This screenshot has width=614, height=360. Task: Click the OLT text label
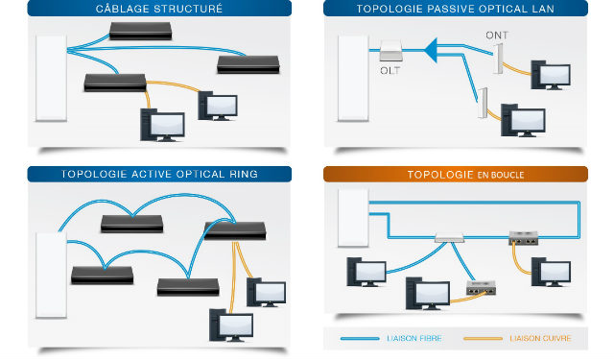point(390,71)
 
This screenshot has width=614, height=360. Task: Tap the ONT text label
point(497,36)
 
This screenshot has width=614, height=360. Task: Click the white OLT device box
point(390,51)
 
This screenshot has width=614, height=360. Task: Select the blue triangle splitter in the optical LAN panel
point(431,50)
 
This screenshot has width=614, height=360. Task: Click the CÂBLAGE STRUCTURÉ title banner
point(159,9)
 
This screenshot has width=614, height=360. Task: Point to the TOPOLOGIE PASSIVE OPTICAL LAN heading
point(456,9)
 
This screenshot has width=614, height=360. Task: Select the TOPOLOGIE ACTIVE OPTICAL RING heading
point(159,175)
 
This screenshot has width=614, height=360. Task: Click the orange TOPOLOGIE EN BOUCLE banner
point(456,175)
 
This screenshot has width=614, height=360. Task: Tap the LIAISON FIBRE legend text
point(414,339)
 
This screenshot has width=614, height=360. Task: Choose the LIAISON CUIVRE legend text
point(540,339)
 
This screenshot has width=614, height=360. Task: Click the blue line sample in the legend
point(360,339)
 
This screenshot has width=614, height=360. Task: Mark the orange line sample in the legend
point(483,339)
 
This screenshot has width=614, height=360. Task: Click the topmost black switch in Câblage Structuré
point(141,31)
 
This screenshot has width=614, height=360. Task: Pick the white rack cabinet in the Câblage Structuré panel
point(51,79)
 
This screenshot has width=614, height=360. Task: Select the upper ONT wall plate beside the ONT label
point(498,59)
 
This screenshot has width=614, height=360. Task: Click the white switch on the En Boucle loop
point(450,237)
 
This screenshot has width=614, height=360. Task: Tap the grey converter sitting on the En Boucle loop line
point(524,238)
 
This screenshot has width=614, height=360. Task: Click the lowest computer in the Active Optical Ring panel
point(231,325)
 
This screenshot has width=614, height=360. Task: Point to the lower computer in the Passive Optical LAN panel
point(523,120)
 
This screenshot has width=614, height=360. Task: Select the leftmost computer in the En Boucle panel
point(366,273)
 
